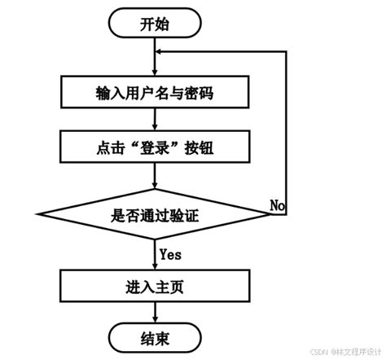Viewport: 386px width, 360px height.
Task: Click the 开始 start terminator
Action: tap(154, 24)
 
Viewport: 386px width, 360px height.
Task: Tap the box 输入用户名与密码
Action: tap(154, 93)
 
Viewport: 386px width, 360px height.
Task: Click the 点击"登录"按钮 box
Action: tap(154, 147)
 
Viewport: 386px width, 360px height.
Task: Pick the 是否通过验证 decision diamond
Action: tap(154, 216)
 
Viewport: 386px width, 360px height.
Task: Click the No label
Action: tap(278, 204)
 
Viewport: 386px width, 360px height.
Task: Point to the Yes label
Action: tap(170, 254)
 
